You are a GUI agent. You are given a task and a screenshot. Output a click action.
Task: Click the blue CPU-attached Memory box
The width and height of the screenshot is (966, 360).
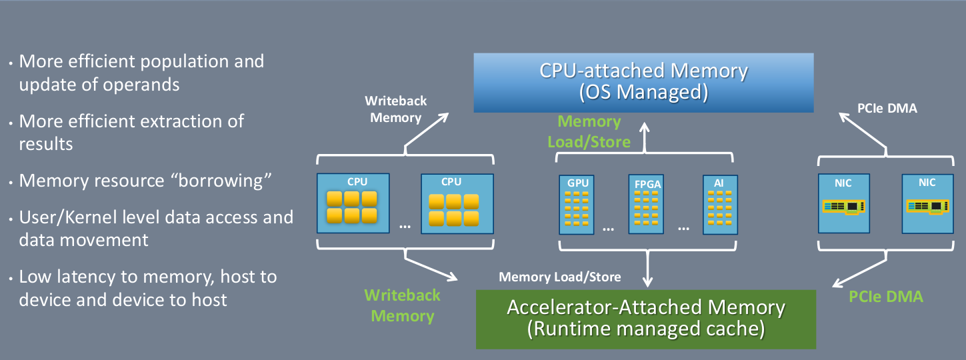click(x=643, y=82)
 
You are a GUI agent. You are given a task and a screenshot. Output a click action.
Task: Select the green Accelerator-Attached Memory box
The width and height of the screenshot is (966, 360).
click(x=645, y=319)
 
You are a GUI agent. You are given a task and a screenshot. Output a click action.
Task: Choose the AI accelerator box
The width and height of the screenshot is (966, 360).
click(x=721, y=203)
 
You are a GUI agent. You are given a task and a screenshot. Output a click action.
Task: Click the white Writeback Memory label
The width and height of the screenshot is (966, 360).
click(x=396, y=109)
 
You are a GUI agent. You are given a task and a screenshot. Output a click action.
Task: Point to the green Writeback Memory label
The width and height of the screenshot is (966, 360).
click(x=402, y=305)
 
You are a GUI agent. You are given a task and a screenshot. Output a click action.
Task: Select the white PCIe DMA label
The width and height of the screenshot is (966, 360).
click(x=887, y=108)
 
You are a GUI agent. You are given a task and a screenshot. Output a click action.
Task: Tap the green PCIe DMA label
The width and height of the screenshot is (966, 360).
click(x=886, y=297)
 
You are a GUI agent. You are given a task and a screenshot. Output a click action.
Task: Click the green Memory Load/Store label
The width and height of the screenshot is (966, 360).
click(x=589, y=131)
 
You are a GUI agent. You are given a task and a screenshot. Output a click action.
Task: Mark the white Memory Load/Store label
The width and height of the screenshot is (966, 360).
click(x=560, y=277)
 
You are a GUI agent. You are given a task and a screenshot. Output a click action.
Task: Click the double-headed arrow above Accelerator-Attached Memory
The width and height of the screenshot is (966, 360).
click(x=645, y=270)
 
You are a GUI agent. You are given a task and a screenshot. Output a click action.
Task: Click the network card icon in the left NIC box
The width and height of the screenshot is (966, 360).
click(x=843, y=207)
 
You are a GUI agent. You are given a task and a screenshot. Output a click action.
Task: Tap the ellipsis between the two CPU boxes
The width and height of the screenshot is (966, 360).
click(x=405, y=225)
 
